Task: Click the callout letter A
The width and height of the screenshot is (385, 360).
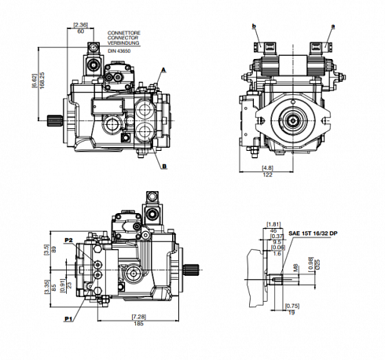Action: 163,70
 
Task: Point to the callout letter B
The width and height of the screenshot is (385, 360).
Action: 165,167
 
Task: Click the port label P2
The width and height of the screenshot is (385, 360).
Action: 68,239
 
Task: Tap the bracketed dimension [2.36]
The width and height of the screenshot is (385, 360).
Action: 80,26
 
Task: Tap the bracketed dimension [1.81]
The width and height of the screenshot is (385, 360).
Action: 274,223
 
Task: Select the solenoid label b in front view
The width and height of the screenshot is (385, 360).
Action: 255,26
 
